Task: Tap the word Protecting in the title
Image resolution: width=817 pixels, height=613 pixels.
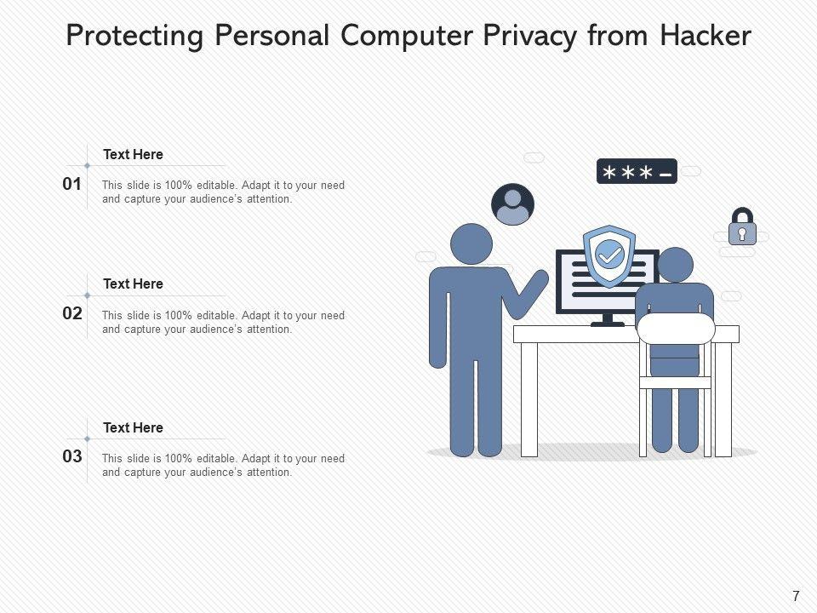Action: [134, 36]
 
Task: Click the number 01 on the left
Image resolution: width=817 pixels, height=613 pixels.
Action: [72, 184]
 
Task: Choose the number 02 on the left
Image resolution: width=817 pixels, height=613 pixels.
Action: [72, 313]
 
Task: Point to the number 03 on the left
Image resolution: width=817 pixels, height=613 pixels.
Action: [72, 456]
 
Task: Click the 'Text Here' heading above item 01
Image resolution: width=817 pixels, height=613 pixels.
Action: [133, 155]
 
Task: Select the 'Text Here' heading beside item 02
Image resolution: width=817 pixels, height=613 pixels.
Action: [133, 284]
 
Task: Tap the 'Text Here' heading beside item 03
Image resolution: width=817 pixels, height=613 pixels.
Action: [133, 428]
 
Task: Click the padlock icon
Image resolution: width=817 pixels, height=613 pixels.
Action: [742, 227]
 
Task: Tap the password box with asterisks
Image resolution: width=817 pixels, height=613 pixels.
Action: [637, 172]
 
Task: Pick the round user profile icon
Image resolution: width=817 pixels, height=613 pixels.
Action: [512, 204]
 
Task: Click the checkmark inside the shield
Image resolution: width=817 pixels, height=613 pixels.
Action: [608, 254]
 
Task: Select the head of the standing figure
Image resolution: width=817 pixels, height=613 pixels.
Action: [471, 244]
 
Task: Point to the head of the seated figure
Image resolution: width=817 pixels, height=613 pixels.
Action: [676, 265]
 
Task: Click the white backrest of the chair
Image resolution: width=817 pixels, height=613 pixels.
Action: [676, 329]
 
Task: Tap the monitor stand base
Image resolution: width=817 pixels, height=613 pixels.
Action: [608, 324]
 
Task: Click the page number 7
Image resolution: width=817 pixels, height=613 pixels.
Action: [796, 596]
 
